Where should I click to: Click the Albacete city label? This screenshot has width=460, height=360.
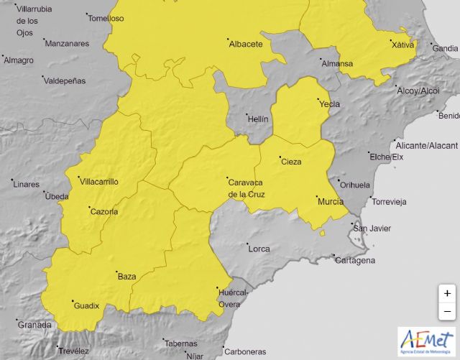pos(245,45)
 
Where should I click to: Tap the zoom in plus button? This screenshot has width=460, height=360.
pos(447,293)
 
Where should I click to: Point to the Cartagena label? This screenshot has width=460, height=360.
pos(355,260)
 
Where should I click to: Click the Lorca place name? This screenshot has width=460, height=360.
pos(259,249)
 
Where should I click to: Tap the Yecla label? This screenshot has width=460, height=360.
pos(329,104)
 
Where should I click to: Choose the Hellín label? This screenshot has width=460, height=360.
pos(257,119)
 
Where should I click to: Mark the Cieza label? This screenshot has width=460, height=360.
pos(291,162)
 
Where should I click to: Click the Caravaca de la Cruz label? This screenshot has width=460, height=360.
pos(249,188)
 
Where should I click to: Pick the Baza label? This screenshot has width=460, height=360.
pos(126,276)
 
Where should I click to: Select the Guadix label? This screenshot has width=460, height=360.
pos(86,306)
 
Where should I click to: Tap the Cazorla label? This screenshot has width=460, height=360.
pos(103,211)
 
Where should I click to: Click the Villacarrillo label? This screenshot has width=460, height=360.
pos(98,182)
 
